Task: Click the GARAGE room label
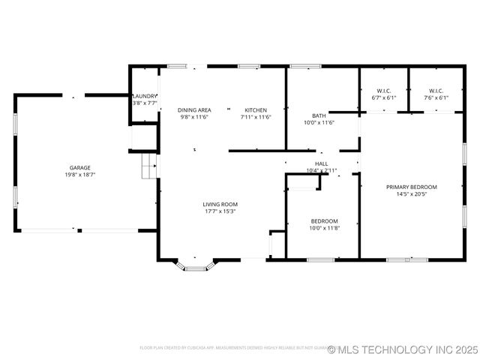pyautogui.click(x=80, y=167)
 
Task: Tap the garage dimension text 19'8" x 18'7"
pyautogui.click(x=80, y=174)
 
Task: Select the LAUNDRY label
pyautogui.click(x=144, y=97)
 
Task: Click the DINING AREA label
pyautogui.click(x=193, y=110)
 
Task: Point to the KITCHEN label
pyautogui.click(x=256, y=110)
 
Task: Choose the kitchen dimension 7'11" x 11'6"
pyautogui.click(x=256, y=117)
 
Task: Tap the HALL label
pyautogui.click(x=321, y=163)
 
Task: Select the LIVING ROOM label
pyautogui.click(x=220, y=204)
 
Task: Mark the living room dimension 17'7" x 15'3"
pyautogui.click(x=220, y=211)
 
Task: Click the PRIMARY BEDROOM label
pyautogui.click(x=411, y=187)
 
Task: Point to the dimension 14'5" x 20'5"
pyautogui.click(x=411, y=193)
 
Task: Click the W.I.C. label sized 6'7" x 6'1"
pyautogui.click(x=383, y=91)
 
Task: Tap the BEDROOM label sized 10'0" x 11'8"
pyautogui.click(x=325, y=221)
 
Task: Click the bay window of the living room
pyautogui.click(x=196, y=265)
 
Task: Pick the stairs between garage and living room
pyautogui.click(x=150, y=166)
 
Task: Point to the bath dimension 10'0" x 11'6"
pyautogui.click(x=319, y=122)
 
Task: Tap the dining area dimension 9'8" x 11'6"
pyautogui.click(x=193, y=117)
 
